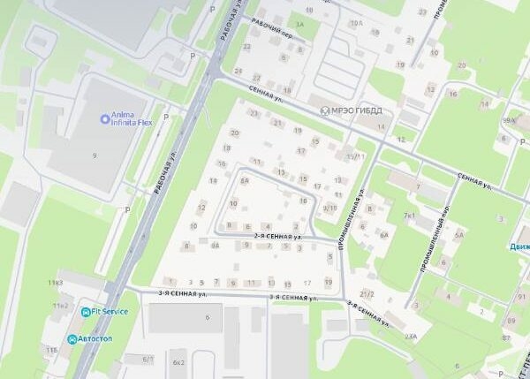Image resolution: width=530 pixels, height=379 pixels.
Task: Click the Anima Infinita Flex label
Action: click(132, 118)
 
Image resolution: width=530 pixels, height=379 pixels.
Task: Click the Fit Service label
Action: click(110, 311)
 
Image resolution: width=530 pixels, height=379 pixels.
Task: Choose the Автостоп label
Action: click(98, 338)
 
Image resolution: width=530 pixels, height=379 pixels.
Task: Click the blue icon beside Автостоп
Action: click(72, 338)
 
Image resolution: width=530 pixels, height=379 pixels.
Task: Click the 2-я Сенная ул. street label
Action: click(278, 237)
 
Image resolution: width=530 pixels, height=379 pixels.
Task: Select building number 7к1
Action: click(409, 215)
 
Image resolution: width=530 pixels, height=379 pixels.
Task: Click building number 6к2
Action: click(179, 362)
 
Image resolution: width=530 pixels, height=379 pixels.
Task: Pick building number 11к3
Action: click(57, 283)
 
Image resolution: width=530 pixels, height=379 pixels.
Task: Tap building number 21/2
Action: click(367, 293)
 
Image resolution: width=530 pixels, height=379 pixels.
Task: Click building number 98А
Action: click(508, 120)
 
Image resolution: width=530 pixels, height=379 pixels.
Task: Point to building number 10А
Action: click(356, 23)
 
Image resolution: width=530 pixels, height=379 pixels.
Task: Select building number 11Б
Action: click(52, 351)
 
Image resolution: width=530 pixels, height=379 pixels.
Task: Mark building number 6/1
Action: click(149, 359)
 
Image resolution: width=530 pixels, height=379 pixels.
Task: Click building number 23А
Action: click(411, 337)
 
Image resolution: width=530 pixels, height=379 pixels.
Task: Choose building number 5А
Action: click(458, 235)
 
